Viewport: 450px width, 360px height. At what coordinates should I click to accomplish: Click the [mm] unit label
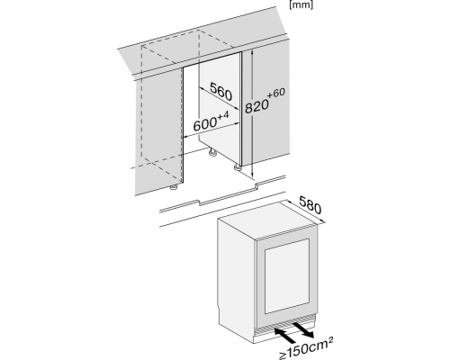click(301, 5)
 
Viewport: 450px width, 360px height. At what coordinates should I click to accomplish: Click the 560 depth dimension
click(221, 91)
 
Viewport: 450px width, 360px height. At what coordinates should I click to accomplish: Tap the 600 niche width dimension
click(205, 124)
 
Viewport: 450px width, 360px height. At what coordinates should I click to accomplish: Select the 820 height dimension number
click(256, 107)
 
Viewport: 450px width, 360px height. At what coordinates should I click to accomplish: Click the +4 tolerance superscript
click(222, 115)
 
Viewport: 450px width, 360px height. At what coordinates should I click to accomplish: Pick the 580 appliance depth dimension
click(310, 205)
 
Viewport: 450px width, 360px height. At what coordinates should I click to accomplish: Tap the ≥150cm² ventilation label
click(306, 347)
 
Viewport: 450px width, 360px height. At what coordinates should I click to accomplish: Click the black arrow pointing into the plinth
click(284, 335)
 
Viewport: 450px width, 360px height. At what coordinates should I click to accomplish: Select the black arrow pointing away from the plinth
click(302, 329)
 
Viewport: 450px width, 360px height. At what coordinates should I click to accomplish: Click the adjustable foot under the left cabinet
click(173, 187)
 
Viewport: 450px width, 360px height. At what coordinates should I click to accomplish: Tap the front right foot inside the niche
click(238, 167)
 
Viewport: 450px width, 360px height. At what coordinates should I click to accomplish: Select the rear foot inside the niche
click(212, 152)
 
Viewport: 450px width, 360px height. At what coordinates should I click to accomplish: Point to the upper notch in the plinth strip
click(256, 185)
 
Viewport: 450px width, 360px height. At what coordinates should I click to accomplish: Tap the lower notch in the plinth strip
click(199, 203)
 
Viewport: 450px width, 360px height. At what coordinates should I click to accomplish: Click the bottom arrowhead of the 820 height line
click(253, 175)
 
